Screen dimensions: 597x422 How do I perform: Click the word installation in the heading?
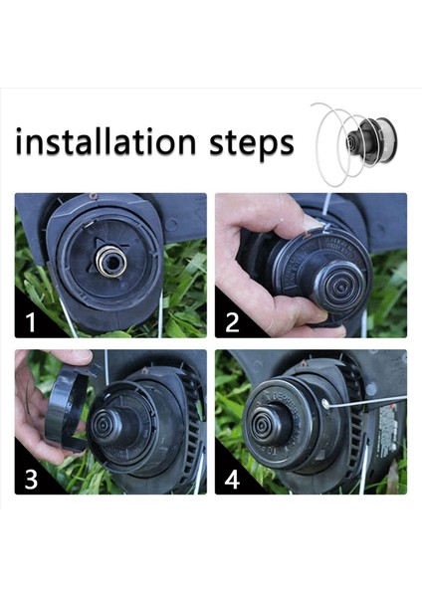point(105,142)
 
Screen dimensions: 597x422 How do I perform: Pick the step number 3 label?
point(31,478)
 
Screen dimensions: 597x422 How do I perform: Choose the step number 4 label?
point(232,478)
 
